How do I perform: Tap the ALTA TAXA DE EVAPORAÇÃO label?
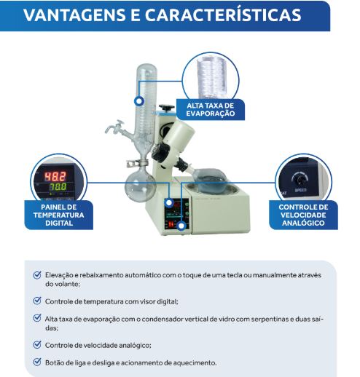(x=210, y=109)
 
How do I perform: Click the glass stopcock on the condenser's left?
(x=115, y=129)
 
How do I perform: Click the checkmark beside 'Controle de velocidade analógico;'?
(x=37, y=345)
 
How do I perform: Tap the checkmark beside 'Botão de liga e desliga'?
(x=37, y=362)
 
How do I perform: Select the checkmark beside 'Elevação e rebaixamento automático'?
(x=37, y=275)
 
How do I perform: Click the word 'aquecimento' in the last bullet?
(x=194, y=362)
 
